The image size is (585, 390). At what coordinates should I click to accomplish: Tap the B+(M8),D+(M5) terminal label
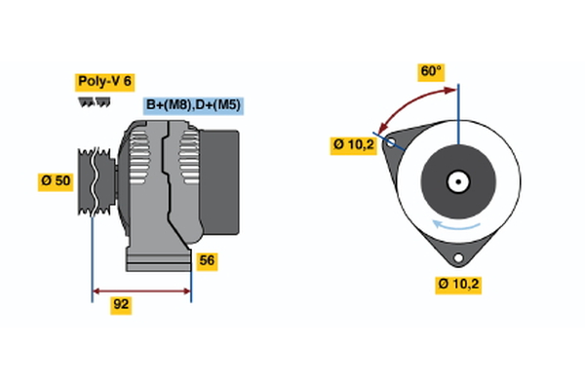click(x=193, y=104)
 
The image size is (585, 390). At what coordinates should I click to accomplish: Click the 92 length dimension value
click(x=121, y=305)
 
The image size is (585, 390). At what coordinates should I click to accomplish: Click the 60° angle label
click(x=431, y=71)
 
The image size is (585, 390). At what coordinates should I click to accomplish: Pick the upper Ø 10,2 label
click(x=352, y=145)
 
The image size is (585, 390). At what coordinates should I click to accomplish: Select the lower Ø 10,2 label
click(x=459, y=284)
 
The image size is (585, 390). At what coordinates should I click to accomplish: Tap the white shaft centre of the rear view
click(x=456, y=181)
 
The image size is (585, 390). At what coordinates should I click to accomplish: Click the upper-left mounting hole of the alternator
click(x=392, y=142)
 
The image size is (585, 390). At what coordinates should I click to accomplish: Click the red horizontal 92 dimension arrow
click(x=141, y=290)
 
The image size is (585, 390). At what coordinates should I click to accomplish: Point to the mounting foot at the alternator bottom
click(x=157, y=258)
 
